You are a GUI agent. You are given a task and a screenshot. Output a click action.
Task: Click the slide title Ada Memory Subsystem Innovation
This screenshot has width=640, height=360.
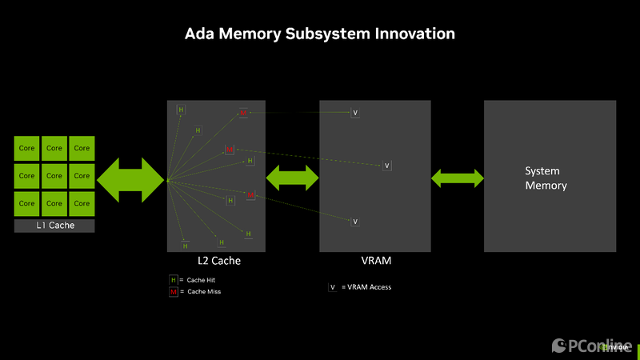(x=320, y=34)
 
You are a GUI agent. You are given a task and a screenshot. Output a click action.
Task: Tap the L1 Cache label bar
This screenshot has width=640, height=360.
(x=54, y=226)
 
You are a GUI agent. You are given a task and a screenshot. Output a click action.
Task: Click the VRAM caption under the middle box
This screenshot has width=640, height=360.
(x=375, y=260)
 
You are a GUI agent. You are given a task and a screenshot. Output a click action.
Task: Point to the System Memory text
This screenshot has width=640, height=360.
(x=546, y=178)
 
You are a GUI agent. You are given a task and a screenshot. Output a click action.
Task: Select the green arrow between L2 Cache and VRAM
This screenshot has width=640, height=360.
(x=292, y=177)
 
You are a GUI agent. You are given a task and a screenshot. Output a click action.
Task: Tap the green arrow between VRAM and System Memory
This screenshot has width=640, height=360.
(x=458, y=178)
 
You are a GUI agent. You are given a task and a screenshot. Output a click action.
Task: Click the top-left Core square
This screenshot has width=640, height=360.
(x=27, y=148)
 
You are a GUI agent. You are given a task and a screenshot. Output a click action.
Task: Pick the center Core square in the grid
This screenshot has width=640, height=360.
(x=54, y=175)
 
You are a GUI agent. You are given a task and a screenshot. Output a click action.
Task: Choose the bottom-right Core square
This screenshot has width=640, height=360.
(x=82, y=203)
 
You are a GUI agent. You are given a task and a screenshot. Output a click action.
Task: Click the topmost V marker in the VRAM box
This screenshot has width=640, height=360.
(x=355, y=113)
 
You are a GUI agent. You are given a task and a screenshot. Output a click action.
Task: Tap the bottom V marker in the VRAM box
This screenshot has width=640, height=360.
(x=355, y=221)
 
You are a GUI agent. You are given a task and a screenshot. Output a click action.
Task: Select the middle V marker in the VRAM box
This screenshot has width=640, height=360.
(x=386, y=166)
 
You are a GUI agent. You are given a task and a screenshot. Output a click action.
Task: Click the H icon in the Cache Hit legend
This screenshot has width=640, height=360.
(x=173, y=280)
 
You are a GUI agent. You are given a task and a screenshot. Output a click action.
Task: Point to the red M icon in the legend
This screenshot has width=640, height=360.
(x=173, y=292)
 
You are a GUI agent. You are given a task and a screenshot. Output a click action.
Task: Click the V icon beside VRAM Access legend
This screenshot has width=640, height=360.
(x=332, y=287)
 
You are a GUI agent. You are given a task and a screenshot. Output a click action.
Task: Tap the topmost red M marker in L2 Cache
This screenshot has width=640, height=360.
(x=243, y=114)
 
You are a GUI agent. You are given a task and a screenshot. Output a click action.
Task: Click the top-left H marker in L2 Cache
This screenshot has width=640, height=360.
(x=181, y=110)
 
